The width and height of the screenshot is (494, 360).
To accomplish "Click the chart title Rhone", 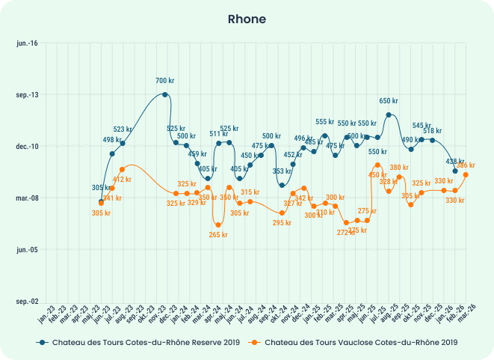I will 247,19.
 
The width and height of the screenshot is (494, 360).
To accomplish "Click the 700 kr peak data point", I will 164,94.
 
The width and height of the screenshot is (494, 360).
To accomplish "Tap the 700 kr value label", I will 165,81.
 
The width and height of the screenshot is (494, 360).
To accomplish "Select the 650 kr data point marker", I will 389,115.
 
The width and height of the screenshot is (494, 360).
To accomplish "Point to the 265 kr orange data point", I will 218,225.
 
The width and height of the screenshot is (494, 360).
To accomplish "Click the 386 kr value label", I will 466,165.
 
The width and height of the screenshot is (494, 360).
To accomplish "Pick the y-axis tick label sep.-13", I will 27,95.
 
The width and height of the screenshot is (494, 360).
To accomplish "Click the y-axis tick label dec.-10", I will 27,147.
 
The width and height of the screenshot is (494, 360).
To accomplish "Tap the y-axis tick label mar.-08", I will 27,198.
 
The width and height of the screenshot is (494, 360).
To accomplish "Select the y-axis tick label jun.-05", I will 27,250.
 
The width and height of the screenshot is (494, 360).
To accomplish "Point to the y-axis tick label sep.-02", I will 27,302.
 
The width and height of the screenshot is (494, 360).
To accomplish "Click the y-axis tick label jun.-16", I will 27,43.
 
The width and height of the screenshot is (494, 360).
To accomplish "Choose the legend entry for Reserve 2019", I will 139,342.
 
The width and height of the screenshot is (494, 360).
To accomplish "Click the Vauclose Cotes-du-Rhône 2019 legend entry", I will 354,342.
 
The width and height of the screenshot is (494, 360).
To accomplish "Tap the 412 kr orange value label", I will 122,180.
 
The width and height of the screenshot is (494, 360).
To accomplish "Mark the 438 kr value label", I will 456,162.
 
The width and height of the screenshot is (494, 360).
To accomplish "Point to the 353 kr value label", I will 282,171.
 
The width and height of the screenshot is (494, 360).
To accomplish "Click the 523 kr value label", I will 123,129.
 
